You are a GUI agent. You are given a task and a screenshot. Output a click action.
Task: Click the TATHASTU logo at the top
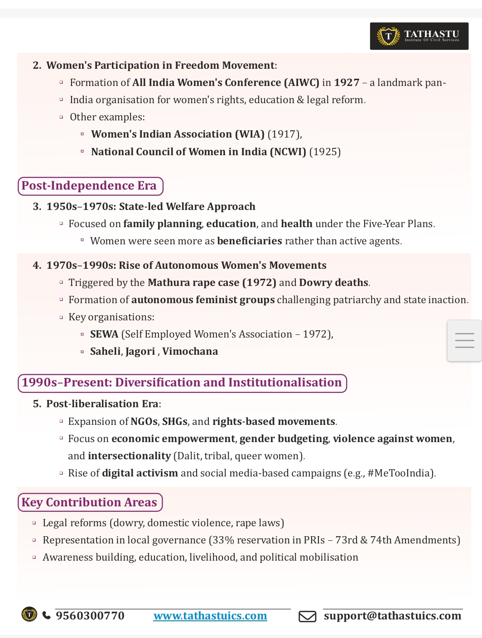point(419,36)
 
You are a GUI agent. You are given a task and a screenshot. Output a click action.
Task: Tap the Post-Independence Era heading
point(90,186)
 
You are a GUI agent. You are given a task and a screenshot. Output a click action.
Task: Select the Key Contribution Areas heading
point(90,502)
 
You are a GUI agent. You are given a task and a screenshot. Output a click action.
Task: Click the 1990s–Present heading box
point(182,383)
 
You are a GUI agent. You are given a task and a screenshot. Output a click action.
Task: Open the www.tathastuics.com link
point(210,616)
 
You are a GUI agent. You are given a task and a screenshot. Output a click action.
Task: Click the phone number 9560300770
point(90,616)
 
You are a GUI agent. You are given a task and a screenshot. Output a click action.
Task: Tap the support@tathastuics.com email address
point(392,616)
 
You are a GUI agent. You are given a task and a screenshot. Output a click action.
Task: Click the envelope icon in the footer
point(307,616)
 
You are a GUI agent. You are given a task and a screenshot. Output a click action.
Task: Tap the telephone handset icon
point(46,615)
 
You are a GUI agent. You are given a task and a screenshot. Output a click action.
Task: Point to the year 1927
point(347,83)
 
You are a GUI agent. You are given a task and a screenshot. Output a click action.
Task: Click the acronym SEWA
point(104,334)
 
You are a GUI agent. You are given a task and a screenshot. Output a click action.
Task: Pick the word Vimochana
point(190,352)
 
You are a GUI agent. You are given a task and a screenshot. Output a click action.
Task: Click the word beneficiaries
point(250,241)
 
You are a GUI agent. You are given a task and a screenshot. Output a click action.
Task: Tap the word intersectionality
point(129,456)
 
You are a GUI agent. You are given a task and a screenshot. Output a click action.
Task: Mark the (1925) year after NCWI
point(325,152)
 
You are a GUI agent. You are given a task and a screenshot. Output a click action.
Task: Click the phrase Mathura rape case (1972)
point(212,283)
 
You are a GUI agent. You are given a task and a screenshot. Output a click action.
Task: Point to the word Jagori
point(140,352)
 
